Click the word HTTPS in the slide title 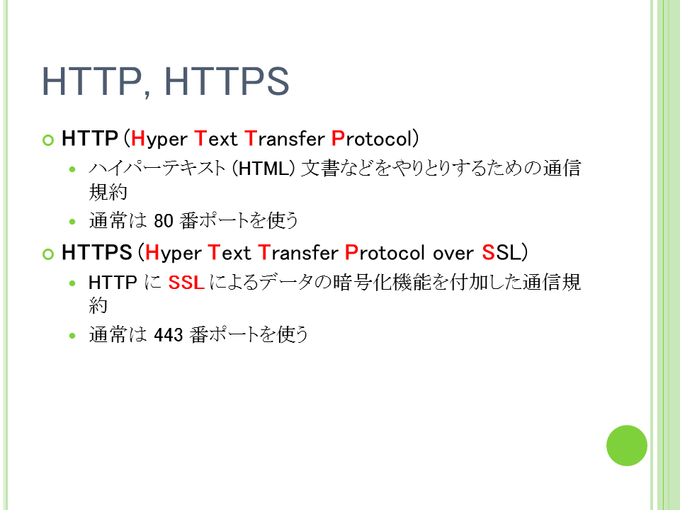[227, 81]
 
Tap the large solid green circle [627, 446]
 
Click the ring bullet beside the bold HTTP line [48, 140]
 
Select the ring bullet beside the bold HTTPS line [48, 254]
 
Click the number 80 [164, 221]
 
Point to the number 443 [169, 335]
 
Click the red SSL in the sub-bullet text [186, 283]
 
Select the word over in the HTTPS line [453, 254]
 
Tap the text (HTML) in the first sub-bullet [263, 169]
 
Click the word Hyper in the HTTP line [159, 140]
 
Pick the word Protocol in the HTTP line [370, 139]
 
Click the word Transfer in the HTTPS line [298, 253]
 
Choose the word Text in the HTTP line [216, 139]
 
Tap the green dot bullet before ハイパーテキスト [72, 169]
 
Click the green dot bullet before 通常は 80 [72, 222]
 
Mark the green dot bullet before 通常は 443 [72, 336]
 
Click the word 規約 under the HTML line [108, 192]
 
